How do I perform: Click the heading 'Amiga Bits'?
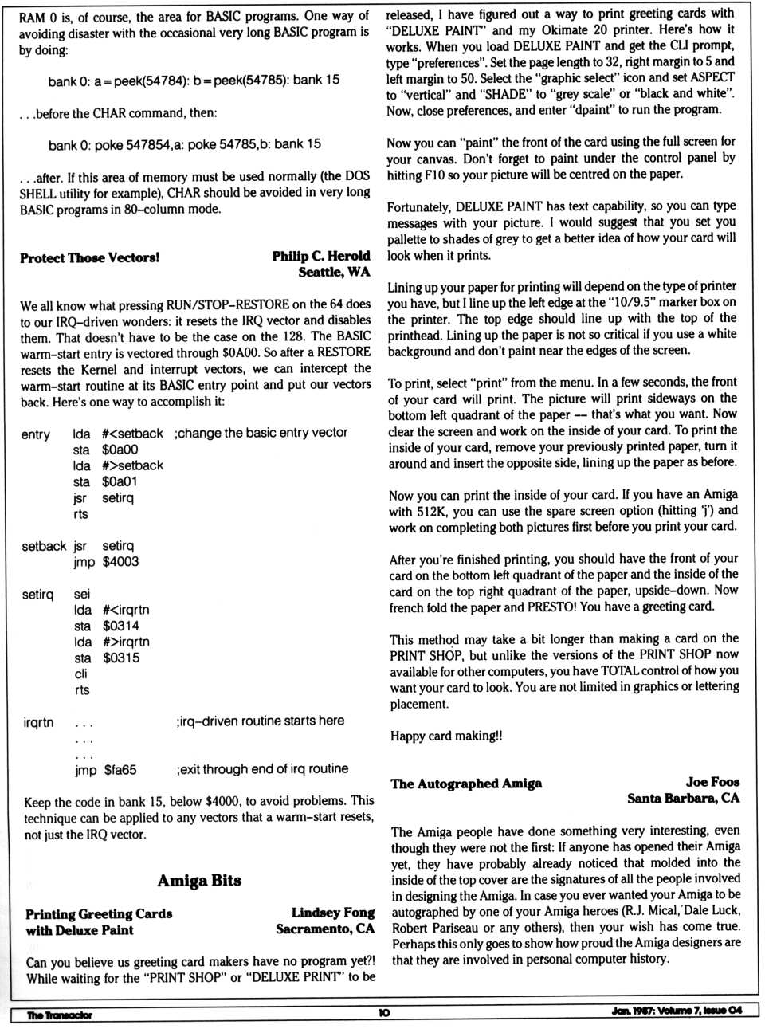coord(199,881)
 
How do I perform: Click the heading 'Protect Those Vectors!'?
coord(89,257)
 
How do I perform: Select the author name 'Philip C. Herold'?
coord(321,256)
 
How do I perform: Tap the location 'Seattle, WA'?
coord(334,272)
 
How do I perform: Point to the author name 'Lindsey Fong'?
coord(332,913)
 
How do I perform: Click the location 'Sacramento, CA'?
coord(324,929)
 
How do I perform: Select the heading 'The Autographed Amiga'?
coord(466,784)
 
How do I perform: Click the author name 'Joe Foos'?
coord(712,782)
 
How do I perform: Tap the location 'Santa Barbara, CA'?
coord(683,798)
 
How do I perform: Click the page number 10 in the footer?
coord(384,1013)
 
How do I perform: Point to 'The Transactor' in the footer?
coord(59,1015)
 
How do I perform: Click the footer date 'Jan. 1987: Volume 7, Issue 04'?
coord(677,1011)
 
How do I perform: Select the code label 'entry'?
coord(35,434)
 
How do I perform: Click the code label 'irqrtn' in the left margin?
coord(38,722)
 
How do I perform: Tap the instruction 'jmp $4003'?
coord(106,562)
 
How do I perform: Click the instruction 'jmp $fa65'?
coord(105,770)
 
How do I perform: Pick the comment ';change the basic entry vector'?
coord(261,433)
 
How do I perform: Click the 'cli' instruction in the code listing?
coord(80,674)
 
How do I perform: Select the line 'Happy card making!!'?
coord(446,736)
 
